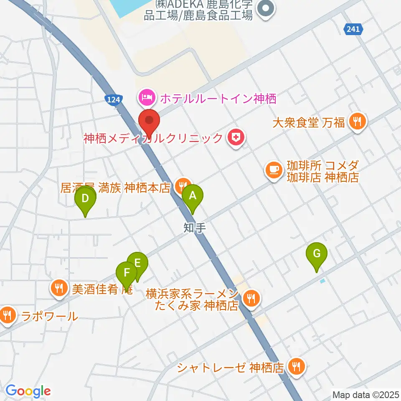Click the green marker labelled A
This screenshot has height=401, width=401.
click(193, 196)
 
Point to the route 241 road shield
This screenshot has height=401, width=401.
click(354, 29)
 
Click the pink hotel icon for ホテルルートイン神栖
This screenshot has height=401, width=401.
click(146, 99)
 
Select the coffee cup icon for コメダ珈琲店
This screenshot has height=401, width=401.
click(274, 170)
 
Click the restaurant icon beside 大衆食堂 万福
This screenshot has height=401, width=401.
click(358, 122)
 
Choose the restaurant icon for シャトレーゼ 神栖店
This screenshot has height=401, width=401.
click(297, 367)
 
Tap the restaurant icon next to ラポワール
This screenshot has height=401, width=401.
click(8, 315)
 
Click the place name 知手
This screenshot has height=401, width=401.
click(195, 228)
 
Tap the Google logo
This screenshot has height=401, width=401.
click(28, 391)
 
